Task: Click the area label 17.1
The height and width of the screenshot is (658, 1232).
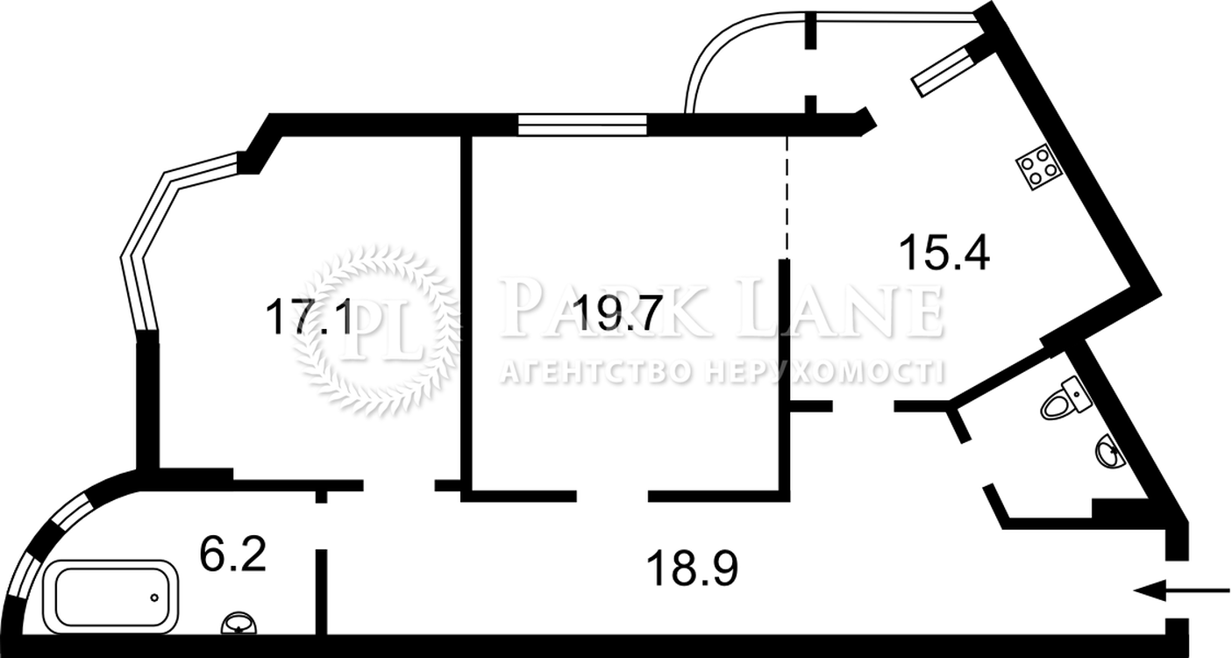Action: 308,316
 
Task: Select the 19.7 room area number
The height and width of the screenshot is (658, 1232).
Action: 616,312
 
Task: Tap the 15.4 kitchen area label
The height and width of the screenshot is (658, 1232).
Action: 944,251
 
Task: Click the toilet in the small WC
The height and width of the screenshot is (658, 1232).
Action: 1065,399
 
